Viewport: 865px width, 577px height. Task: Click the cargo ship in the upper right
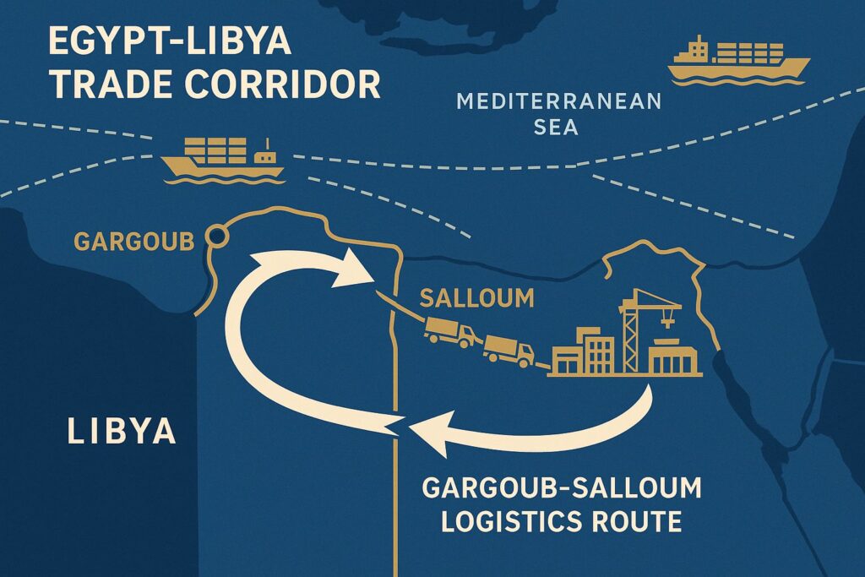pyautogui.click(x=737, y=60)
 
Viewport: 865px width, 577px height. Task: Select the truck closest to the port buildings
pyautogui.click(x=509, y=349)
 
